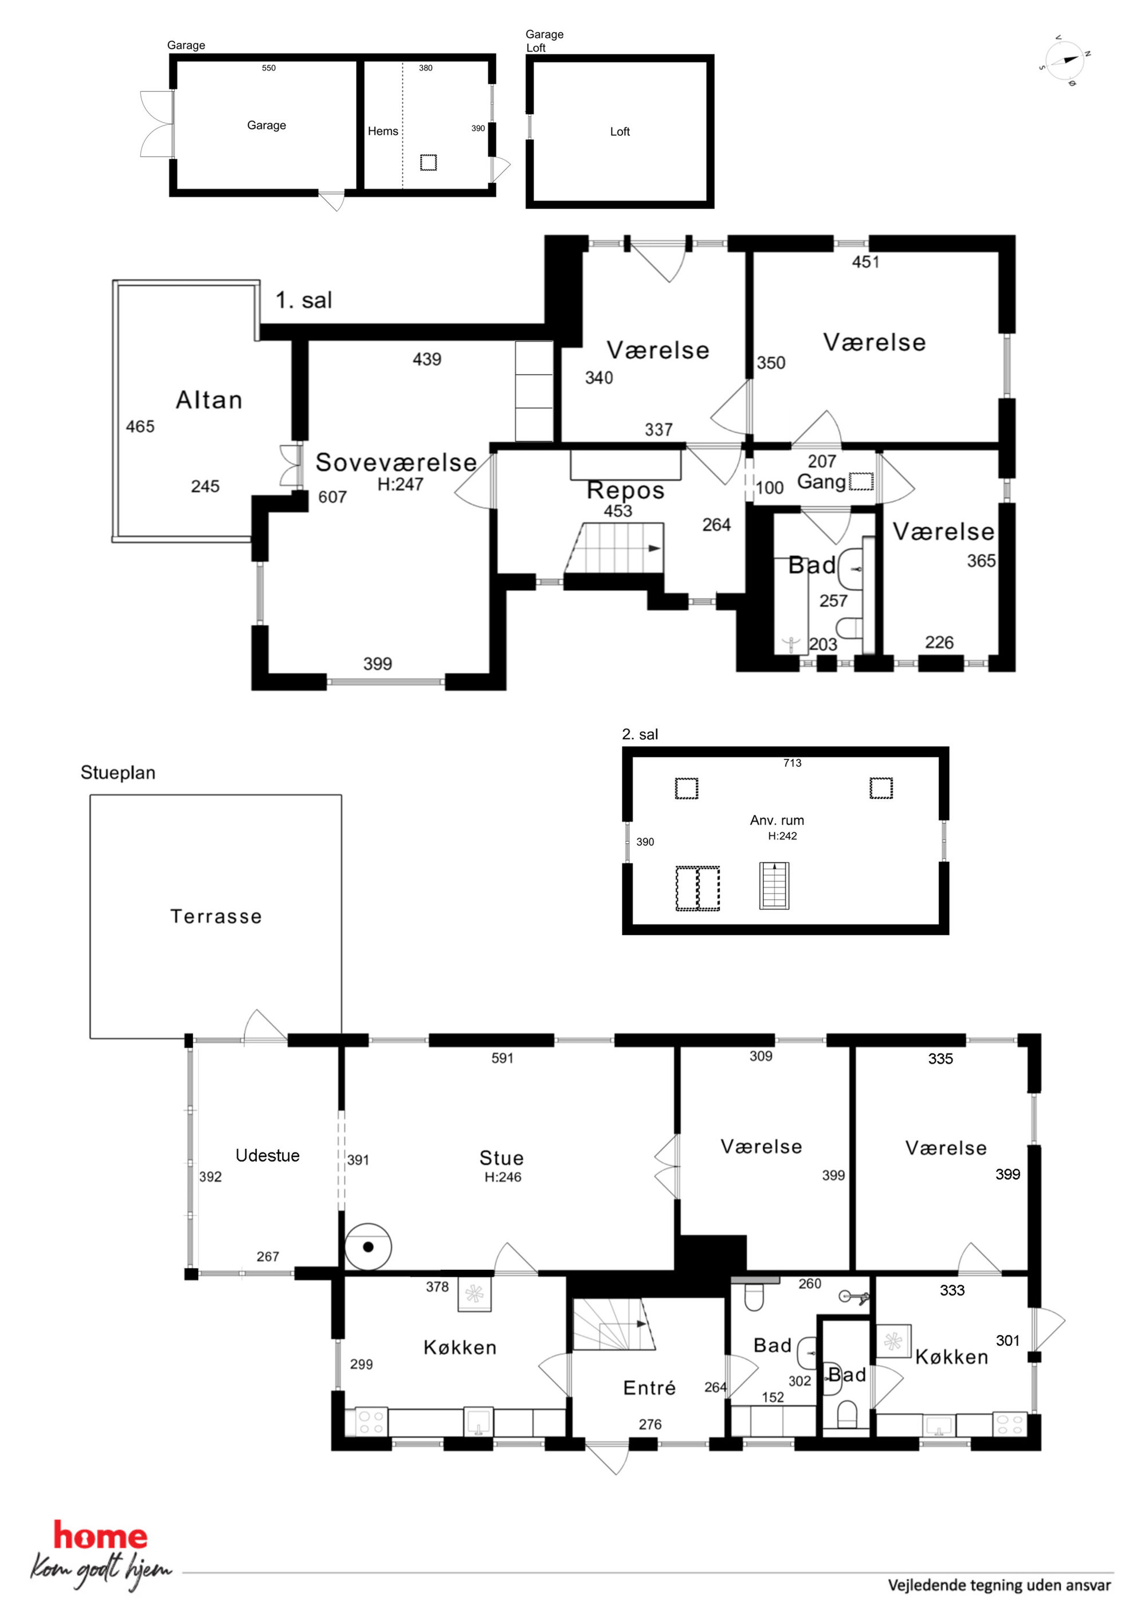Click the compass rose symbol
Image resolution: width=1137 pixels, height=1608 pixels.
(x=1064, y=61)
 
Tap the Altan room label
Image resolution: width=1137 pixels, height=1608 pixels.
(x=209, y=400)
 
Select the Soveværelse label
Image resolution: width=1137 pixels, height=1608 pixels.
(x=396, y=462)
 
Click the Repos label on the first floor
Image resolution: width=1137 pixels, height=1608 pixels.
(x=625, y=490)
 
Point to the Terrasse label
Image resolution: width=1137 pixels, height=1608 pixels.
(x=216, y=916)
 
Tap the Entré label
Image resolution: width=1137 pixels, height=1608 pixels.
(x=649, y=1387)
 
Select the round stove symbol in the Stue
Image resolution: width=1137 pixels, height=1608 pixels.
(x=368, y=1246)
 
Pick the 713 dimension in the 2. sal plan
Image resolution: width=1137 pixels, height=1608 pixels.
(x=793, y=763)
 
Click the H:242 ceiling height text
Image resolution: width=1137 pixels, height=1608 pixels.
(x=782, y=836)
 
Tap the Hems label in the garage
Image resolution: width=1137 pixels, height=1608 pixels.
(x=382, y=131)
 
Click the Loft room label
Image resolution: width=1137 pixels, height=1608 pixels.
(x=620, y=131)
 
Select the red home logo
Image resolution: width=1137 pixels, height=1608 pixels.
(x=101, y=1536)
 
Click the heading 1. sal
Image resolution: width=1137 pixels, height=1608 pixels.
(x=303, y=300)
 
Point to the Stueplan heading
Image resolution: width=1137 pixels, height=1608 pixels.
(x=117, y=772)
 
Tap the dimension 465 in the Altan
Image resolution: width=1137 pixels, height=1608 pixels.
(x=140, y=426)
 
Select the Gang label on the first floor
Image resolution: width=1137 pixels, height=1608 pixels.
(x=821, y=483)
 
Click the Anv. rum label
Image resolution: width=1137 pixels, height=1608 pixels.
(x=777, y=820)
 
